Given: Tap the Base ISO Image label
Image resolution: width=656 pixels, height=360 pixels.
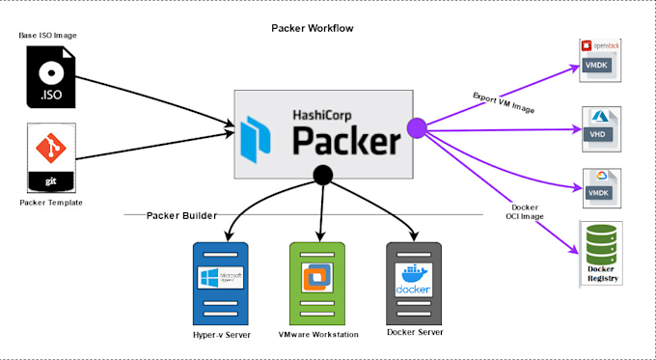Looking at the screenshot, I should click(48, 36).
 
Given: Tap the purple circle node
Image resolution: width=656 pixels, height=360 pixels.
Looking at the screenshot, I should click(417, 126).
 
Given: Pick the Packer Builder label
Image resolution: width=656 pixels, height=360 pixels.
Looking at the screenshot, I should click(182, 214).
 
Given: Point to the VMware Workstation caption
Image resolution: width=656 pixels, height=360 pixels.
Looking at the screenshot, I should click(317, 334).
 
